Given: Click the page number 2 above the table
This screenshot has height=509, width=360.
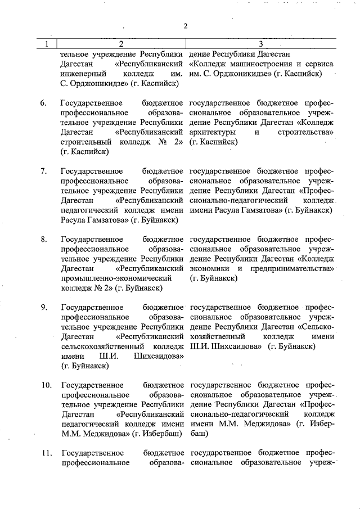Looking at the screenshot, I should (186, 25).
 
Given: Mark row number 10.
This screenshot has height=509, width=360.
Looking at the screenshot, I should (46, 385).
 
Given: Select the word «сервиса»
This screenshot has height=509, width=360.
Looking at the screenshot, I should (318, 64).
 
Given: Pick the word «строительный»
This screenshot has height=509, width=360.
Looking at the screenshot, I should (86, 142).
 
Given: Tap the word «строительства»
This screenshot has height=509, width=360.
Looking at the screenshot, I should (305, 132).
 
